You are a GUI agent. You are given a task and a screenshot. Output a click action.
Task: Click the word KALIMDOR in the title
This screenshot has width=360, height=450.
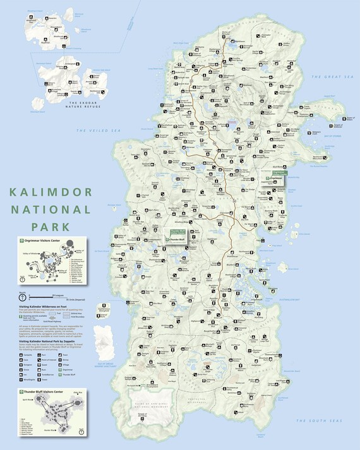pyautogui.click(x=51, y=192)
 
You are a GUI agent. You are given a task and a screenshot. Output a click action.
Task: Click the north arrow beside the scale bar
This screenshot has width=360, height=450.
pyautogui.click(x=23, y=296)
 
